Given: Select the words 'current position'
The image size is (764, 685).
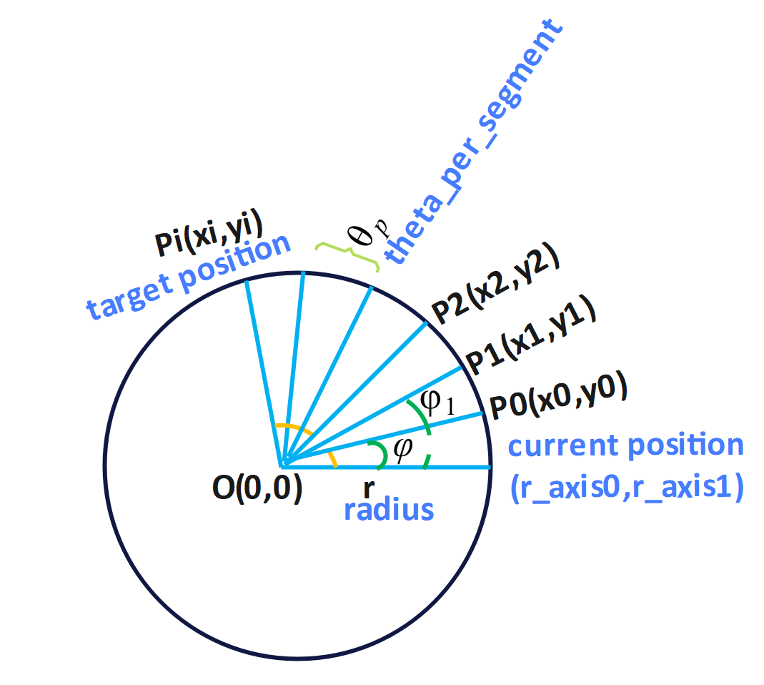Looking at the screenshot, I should pos(626,445).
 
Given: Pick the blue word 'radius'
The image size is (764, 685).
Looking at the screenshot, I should pos(389,510).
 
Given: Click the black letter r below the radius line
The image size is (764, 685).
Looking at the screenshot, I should pos(368,489).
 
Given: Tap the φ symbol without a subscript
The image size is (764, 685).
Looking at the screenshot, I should pos(402,449).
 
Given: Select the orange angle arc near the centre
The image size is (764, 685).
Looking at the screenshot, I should pos(293,429).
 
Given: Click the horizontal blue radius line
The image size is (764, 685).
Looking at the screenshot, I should pos(429,468).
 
